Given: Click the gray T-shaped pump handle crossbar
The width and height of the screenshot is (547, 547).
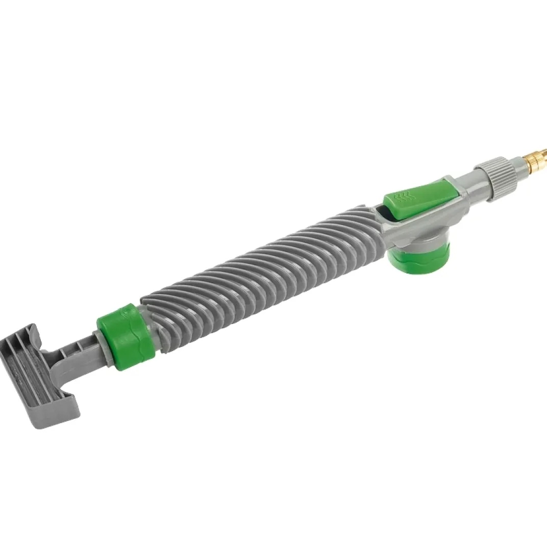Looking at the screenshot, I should [41, 375].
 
